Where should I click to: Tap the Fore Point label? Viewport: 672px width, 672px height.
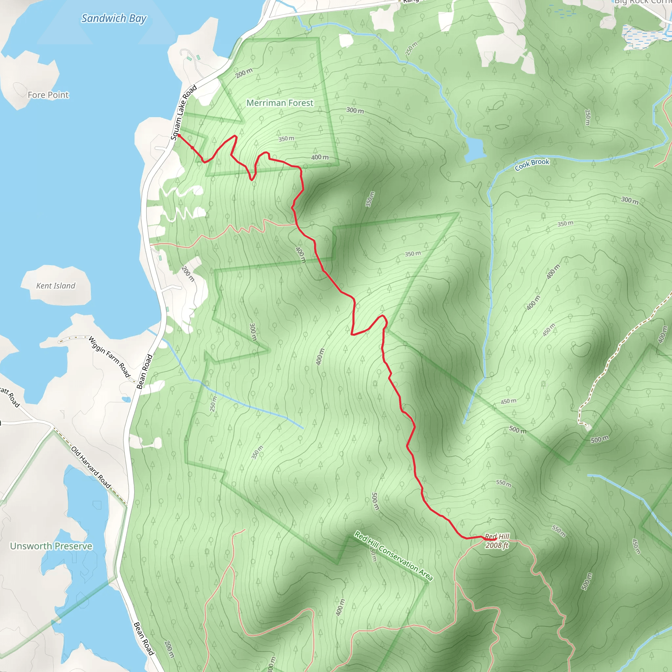(48, 95)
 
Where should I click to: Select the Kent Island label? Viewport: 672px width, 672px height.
(56, 285)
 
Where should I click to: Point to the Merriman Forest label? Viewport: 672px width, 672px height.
(280, 103)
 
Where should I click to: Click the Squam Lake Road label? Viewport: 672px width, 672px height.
(184, 113)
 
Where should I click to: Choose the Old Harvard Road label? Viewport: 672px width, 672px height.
(91, 467)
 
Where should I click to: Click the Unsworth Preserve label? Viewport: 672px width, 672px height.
(51, 546)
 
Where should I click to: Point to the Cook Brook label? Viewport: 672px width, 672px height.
(532, 164)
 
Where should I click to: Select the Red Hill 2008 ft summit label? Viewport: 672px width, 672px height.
(497, 541)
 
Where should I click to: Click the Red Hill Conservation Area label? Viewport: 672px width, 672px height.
(393, 556)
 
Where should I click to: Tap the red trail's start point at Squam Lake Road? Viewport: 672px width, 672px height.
(179, 135)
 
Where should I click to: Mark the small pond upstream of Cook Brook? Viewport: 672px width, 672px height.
(474, 150)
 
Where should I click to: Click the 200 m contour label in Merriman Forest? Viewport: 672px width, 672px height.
(244, 73)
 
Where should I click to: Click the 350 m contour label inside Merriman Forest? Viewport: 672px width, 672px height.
(286, 138)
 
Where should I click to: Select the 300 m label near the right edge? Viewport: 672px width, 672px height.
(630, 200)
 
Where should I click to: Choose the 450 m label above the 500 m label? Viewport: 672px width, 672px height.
(508, 401)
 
